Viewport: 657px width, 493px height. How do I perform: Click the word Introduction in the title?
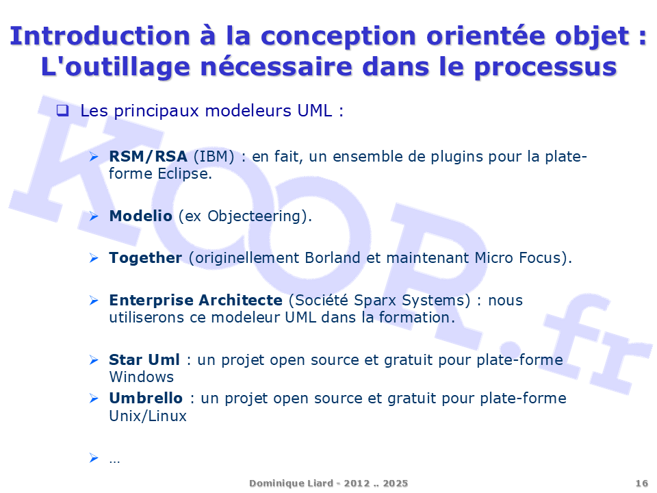pyautogui.click(x=100, y=36)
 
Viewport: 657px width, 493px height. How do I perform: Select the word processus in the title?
pyautogui.click(x=545, y=67)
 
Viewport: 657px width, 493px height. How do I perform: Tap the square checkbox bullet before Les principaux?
pyautogui.click(x=62, y=110)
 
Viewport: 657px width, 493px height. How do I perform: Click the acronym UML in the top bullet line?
pyautogui.click(x=315, y=111)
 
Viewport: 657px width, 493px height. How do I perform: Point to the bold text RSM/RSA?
pyautogui.click(x=148, y=156)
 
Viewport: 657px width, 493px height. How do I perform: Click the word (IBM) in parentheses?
pyautogui.click(x=214, y=157)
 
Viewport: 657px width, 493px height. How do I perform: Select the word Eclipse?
pyautogui.click(x=185, y=173)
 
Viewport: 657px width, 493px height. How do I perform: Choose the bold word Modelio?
pyautogui.click(x=141, y=216)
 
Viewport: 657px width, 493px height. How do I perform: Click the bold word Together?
pyautogui.click(x=146, y=258)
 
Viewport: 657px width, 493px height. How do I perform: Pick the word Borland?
pyautogui.click(x=333, y=257)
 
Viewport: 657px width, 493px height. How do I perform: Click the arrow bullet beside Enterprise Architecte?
pyautogui.click(x=94, y=300)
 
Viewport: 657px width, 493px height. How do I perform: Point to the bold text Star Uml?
pyautogui.click(x=144, y=359)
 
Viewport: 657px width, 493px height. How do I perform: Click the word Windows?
pyautogui.click(x=142, y=377)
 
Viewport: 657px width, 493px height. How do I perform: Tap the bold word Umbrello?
pyautogui.click(x=146, y=398)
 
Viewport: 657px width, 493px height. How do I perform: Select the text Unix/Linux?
pyautogui.click(x=148, y=416)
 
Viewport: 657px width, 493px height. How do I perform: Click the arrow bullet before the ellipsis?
pyautogui.click(x=94, y=458)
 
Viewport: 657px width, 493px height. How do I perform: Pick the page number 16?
pyautogui.click(x=641, y=483)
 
